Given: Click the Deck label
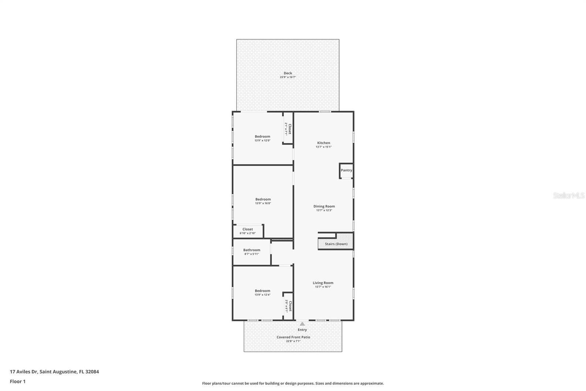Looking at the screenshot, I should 288,73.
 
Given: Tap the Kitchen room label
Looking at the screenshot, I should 323,143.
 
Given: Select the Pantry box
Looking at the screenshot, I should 346,171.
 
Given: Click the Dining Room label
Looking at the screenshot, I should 324,206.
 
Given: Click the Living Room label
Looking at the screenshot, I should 323,283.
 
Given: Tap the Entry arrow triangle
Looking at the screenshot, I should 302,324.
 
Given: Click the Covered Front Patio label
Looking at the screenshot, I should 293,337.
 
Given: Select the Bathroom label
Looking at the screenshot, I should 252,250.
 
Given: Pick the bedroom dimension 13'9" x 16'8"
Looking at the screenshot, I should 263,203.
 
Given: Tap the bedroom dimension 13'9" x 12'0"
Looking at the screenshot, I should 263,140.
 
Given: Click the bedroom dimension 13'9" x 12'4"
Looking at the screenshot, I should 263,295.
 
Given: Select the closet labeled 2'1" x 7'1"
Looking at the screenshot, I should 288,129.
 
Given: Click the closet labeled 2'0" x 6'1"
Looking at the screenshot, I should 288,306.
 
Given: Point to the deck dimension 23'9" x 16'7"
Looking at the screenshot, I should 288,77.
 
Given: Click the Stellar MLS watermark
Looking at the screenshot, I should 568,195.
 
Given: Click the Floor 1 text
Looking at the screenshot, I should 18,381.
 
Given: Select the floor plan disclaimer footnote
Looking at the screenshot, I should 293,383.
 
